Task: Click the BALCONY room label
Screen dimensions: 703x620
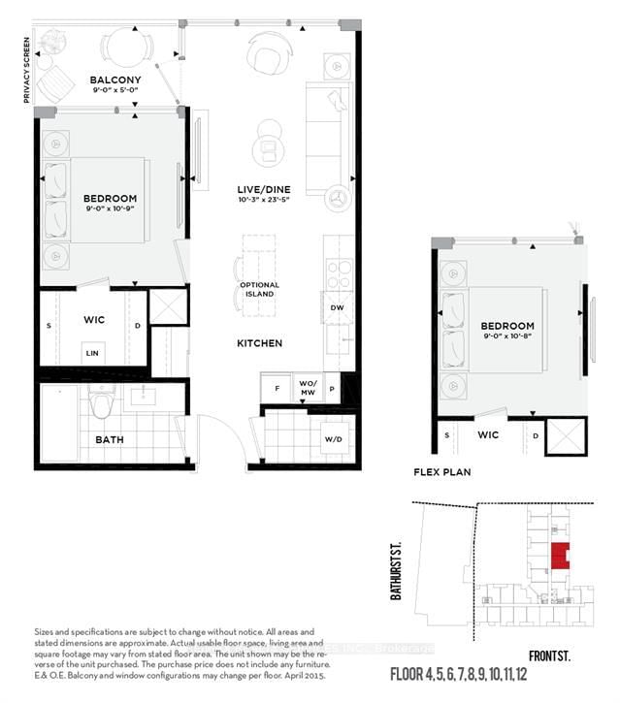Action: [115, 80]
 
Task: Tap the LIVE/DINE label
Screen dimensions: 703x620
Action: [264, 188]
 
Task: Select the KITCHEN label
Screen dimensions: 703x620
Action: [260, 343]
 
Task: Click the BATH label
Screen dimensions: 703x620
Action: [109, 439]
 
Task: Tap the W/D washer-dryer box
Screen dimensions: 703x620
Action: [333, 440]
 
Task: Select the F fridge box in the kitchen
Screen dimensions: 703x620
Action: [277, 388]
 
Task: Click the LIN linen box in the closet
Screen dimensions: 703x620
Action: [91, 354]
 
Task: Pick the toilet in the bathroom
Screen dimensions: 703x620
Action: [102, 404]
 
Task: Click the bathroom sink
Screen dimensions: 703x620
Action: [148, 396]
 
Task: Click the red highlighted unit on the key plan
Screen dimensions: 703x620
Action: [560, 556]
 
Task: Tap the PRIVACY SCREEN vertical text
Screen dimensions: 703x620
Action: [27, 70]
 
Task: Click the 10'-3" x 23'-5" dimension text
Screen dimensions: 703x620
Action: [264, 200]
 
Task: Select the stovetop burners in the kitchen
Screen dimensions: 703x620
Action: [339, 273]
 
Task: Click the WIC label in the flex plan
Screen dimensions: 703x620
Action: [488, 434]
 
